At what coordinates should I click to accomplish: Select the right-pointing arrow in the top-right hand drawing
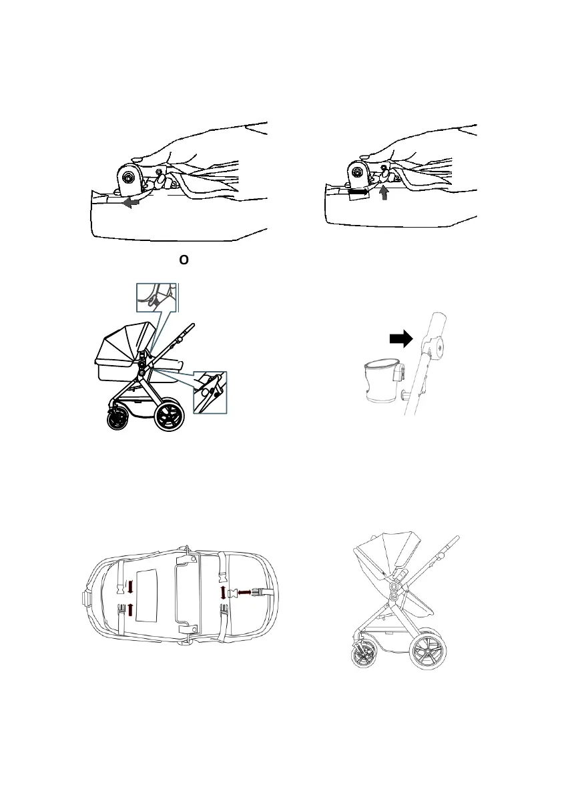click(359, 192)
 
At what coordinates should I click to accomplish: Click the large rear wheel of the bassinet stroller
click(170, 415)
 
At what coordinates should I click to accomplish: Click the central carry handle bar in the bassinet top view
click(179, 593)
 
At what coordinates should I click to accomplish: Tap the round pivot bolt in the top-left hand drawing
click(128, 177)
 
